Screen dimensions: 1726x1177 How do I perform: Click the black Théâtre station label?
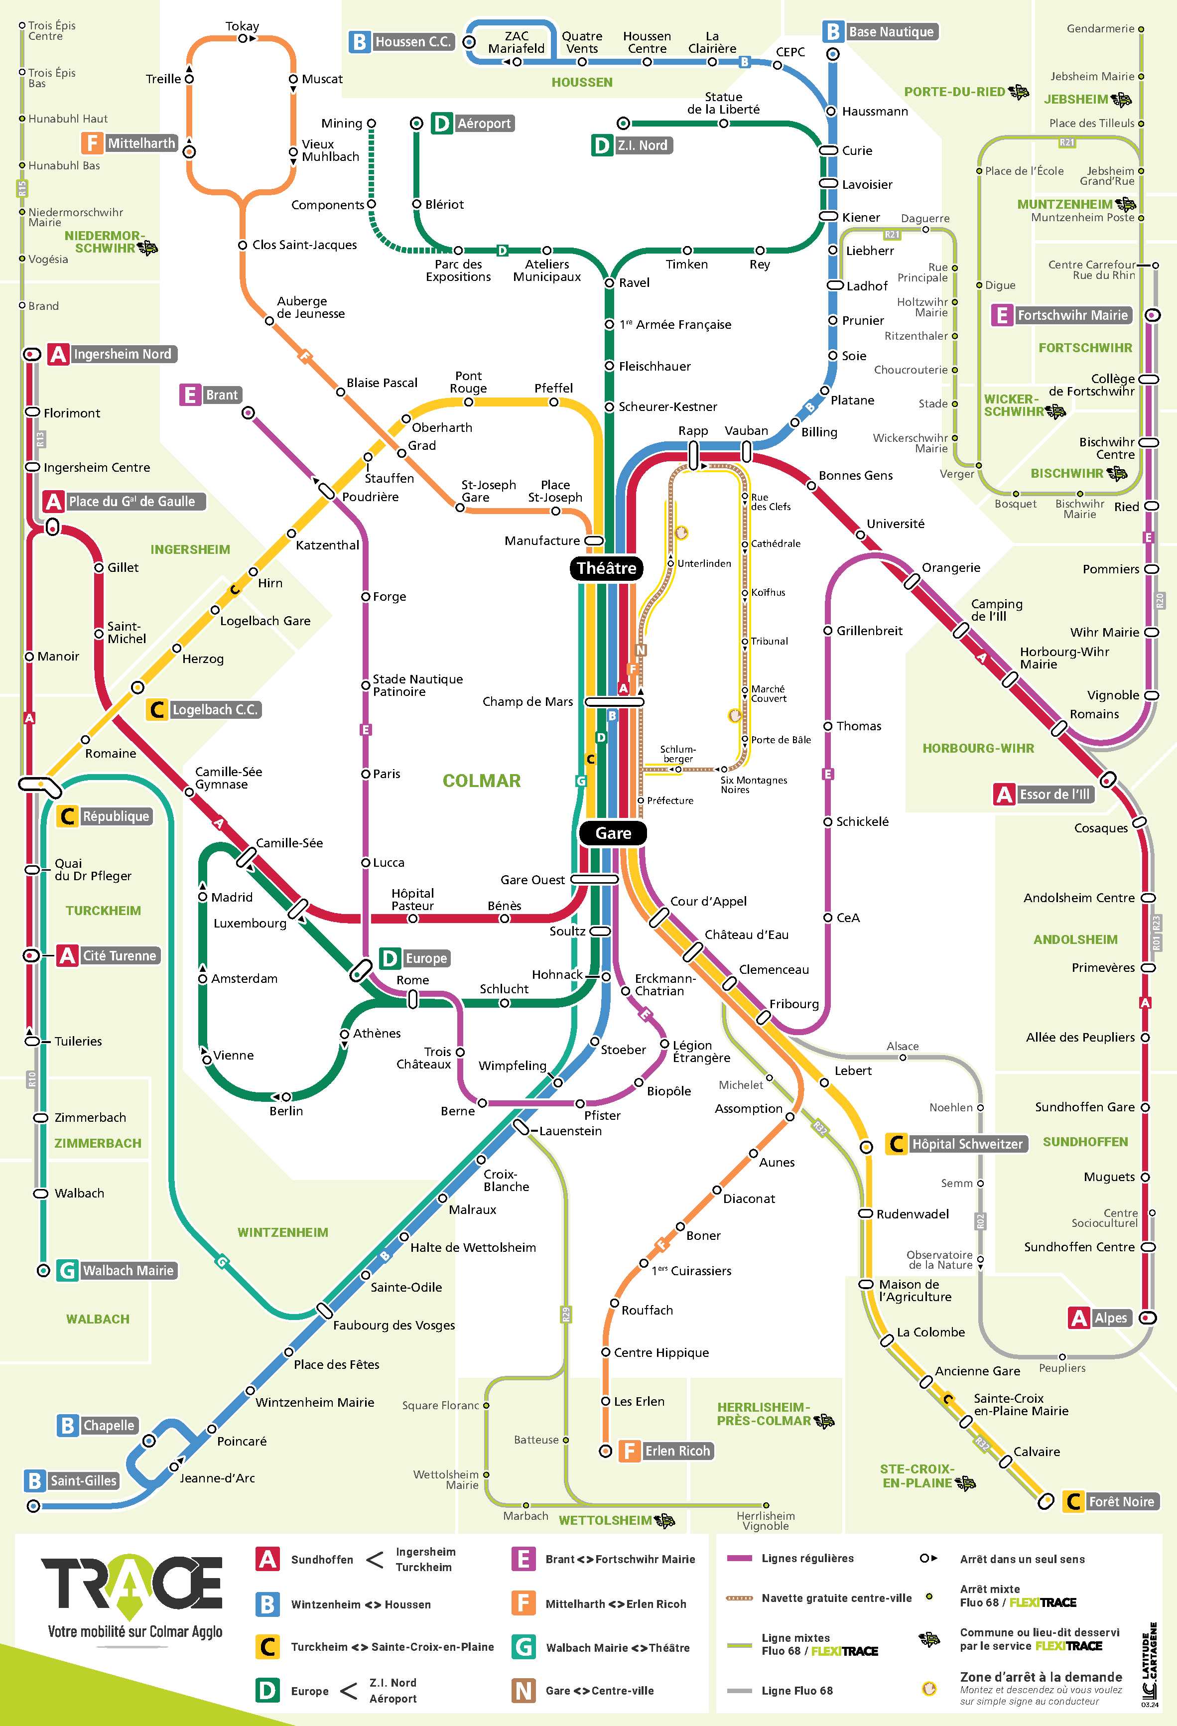[x=606, y=568]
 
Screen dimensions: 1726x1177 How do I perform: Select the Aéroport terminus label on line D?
[x=484, y=124]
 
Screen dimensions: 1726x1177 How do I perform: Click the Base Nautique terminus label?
[x=891, y=32]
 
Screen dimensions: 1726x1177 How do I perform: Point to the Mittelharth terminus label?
[x=141, y=142]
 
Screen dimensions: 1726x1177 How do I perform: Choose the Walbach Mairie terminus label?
[x=128, y=1270]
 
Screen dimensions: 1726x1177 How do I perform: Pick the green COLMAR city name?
[x=481, y=781]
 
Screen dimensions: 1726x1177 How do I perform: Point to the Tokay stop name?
[x=242, y=26]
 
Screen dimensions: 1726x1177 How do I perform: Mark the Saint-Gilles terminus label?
[x=83, y=1480]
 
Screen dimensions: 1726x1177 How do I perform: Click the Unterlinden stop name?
[x=704, y=563]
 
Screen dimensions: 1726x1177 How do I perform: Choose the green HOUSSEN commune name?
[x=581, y=82]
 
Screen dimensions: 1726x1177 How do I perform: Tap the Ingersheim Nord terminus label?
[x=122, y=354]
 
